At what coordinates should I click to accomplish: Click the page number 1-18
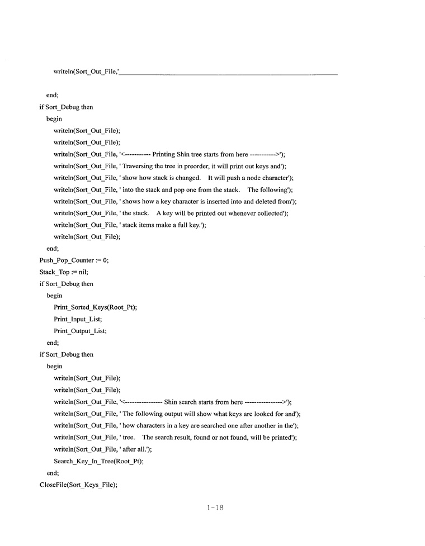click(x=215, y=508)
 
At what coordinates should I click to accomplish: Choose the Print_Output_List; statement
click(x=80, y=331)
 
